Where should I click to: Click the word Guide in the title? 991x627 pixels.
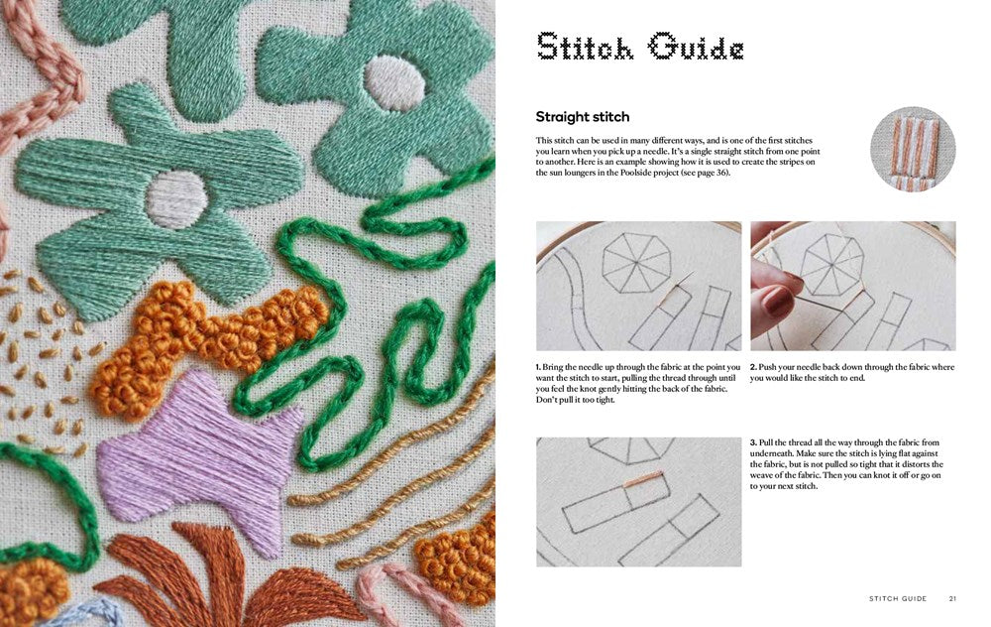(696, 48)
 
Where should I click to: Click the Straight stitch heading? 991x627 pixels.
(582, 117)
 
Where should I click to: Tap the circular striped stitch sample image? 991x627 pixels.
(913, 150)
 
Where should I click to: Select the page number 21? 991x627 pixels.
(952, 598)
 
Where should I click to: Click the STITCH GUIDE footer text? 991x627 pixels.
(898, 598)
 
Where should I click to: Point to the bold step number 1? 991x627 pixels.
(538, 367)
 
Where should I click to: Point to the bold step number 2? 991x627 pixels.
(753, 367)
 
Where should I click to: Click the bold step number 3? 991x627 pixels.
(753, 442)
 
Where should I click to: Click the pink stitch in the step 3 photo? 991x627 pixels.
(643, 479)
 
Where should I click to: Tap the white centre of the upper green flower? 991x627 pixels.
(394, 83)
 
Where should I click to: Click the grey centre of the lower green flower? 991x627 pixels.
(177, 199)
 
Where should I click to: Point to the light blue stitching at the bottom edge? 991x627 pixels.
(95, 612)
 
